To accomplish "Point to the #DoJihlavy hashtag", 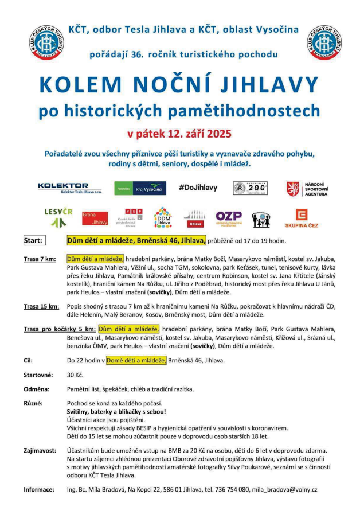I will tap(197, 188).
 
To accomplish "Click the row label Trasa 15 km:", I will tap(41, 306).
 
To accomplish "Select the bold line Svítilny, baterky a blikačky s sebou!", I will tap(116, 412).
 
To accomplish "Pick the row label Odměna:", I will tap(36, 389).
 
